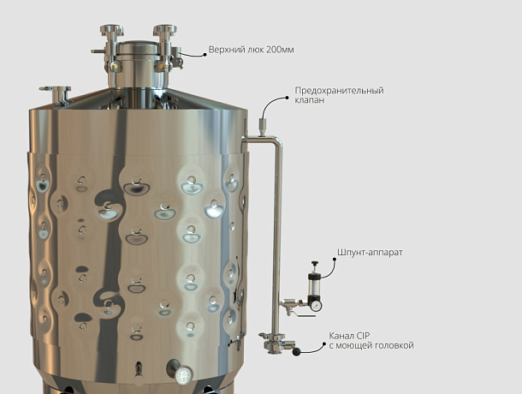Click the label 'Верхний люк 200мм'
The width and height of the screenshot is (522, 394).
[251, 50]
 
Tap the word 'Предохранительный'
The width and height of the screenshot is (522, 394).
[339, 91]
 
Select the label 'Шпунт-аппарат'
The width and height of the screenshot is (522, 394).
[370, 253]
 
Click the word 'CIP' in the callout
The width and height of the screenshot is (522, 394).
[363, 336]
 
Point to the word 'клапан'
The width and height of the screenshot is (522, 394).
[309, 100]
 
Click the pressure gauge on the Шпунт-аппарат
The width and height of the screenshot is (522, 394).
[316, 305]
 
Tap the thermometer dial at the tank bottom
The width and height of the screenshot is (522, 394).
[184, 375]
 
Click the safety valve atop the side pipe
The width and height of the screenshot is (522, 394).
[263, 127]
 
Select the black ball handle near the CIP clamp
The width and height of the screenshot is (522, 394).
[296, 351]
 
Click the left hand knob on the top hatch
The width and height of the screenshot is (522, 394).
[112, 30]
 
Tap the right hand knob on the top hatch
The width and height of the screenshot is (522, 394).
[165, 30]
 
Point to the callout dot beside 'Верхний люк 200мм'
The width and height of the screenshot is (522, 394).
[205, 55]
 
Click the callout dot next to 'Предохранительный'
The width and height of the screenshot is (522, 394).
[287, 98]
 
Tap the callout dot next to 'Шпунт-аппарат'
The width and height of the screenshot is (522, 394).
[335, 259]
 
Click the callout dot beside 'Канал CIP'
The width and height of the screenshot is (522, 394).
[324, 343]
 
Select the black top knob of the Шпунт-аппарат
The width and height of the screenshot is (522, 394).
[314, 264]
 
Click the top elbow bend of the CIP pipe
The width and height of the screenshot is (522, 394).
[277, 141]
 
